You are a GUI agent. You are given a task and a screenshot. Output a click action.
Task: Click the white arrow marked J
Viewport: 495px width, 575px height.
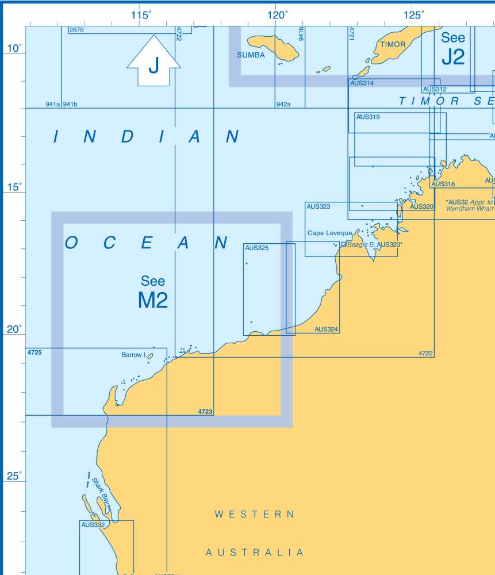point(154,62)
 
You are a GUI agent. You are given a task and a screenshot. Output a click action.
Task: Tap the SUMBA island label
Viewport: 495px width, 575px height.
point(251,55)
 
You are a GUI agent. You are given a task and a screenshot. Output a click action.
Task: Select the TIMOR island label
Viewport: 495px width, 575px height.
point(393,44)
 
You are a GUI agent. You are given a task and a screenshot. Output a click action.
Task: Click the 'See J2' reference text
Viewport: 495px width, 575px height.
point(452,48)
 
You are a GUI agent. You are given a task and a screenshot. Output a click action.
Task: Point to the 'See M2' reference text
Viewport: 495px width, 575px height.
point(153,292)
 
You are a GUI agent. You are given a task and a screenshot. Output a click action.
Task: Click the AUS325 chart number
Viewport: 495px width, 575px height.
point(256,248)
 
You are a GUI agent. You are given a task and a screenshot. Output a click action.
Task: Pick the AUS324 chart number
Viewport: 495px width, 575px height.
point(327,329)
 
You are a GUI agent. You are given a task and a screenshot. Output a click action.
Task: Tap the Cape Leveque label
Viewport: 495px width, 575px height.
point(329,233)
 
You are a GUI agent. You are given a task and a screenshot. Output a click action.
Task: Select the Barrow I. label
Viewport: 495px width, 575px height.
point(134,355)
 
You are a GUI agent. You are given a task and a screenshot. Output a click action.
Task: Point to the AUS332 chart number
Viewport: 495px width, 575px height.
point(93,524)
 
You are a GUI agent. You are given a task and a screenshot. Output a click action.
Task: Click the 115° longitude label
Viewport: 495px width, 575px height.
point(141,16)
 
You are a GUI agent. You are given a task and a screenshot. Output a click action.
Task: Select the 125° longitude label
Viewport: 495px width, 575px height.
point(413,16)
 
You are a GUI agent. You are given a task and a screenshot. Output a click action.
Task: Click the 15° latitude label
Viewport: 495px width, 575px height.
point(14,187)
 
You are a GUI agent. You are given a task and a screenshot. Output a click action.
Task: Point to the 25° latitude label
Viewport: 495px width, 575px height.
point(14,476)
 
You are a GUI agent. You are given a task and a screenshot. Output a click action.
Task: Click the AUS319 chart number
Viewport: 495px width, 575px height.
point(367,117)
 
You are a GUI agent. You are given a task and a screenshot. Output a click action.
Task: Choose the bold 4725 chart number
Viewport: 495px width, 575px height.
point(34,351)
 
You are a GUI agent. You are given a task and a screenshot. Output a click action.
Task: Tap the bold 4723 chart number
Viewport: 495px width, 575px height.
point(205,412)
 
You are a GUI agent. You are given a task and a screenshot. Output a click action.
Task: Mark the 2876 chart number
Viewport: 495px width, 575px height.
point(76,30)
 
